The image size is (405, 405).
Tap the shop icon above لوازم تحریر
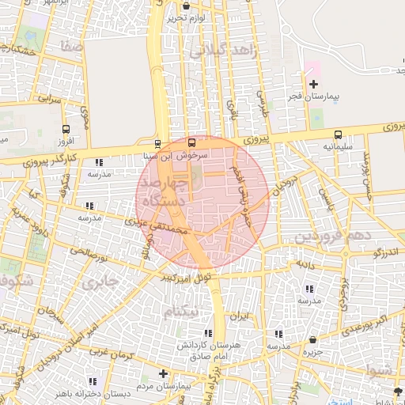click(186, 6)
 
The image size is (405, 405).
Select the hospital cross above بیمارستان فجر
click(314, 83)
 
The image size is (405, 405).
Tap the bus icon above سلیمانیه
click(339, 134)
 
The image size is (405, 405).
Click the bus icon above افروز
click(66, 129)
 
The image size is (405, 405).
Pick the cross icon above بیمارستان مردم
click(163, 373)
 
